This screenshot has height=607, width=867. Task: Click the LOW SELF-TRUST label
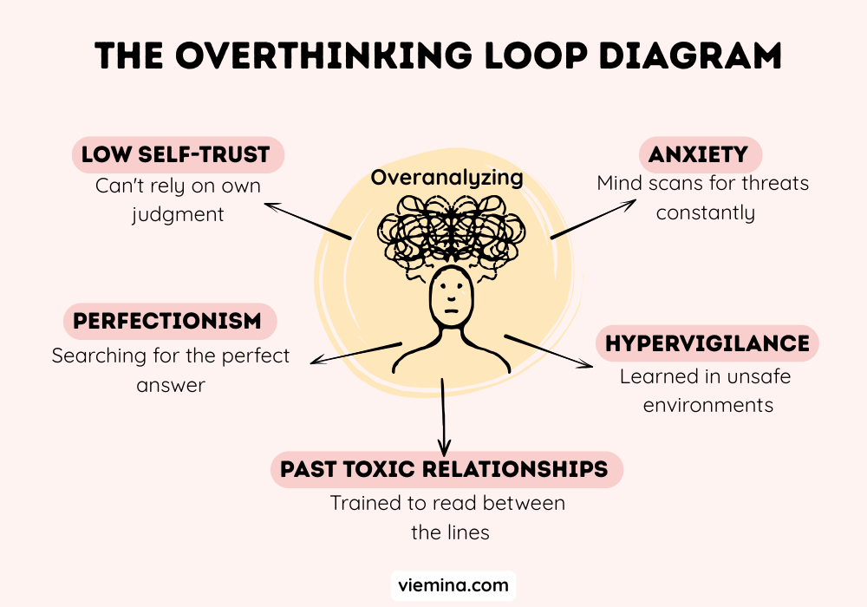tap(178, 155)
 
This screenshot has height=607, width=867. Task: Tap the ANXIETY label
tap(699, 155)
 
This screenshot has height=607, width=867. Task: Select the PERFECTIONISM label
tap(167, 321)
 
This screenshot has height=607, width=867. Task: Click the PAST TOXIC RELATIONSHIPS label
tap(444, 469)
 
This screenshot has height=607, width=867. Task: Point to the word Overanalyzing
tap(447, 178)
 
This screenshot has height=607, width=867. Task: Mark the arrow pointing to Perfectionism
tap(355, 353)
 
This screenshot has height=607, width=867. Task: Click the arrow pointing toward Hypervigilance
tap(550, 351)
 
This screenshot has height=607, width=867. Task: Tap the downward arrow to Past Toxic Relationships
tap(443, 416)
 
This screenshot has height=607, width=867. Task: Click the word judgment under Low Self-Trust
tap(179, 213)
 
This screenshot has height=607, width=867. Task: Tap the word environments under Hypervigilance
tap(707, 404)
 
